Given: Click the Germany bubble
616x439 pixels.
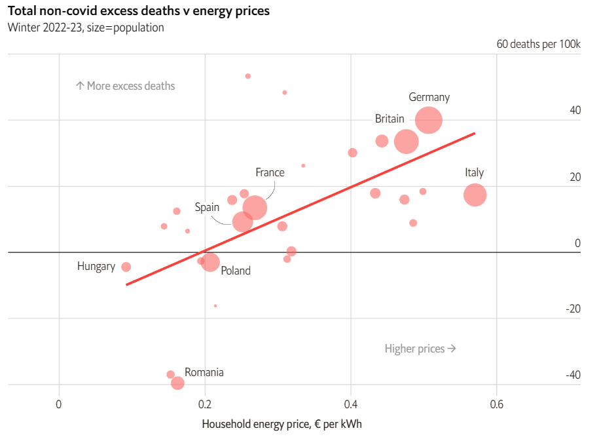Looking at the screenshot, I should pos(429,121).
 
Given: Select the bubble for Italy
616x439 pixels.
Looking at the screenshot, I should pos(475,195).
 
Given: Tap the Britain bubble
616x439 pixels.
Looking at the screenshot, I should pos(407,141).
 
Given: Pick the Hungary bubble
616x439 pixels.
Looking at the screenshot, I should pos(126,267).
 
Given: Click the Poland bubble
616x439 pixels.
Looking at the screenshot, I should pos(210,263).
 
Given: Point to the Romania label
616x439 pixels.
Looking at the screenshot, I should pos(204,372).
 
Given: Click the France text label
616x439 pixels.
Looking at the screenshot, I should pos(270,172).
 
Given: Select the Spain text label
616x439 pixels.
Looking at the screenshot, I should pos(207,207).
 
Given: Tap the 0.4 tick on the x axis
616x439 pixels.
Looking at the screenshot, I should pos(351,404).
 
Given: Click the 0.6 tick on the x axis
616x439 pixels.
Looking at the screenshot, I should pos(496,404).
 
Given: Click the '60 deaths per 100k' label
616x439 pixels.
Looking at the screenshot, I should pos(538,45).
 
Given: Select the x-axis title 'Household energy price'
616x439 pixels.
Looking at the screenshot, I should pos(281,424).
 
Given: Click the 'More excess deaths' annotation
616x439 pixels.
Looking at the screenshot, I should pos(125,86).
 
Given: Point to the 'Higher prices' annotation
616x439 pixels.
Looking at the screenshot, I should pos(420,349).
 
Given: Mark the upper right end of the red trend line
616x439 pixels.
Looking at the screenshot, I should pos(474,133).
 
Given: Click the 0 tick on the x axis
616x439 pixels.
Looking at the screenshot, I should pos(59,404).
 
